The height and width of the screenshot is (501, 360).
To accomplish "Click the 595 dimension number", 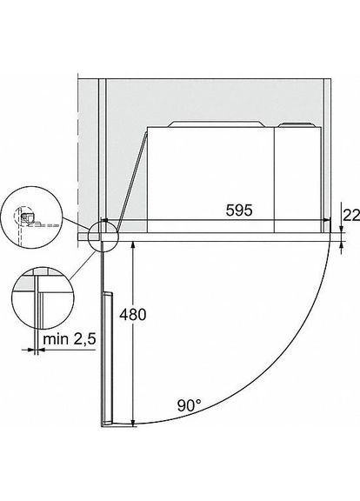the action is [x=239, y=210].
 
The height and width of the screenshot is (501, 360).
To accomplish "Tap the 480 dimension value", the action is [x=133, y=314].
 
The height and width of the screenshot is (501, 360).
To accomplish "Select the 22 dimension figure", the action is [x=351, y=216].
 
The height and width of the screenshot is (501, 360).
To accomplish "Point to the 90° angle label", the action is [x=190, y=405].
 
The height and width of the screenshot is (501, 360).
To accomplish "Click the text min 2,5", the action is [x=70, y=338].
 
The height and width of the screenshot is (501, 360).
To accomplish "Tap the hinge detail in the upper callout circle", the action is [x=25, y=218].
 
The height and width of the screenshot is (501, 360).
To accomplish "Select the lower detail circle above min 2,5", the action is [x=43, y=298].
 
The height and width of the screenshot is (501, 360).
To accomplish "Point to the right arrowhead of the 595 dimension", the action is [x=327, y=219].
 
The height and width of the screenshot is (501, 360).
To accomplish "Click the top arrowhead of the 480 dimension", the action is [x=133, y=244].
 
